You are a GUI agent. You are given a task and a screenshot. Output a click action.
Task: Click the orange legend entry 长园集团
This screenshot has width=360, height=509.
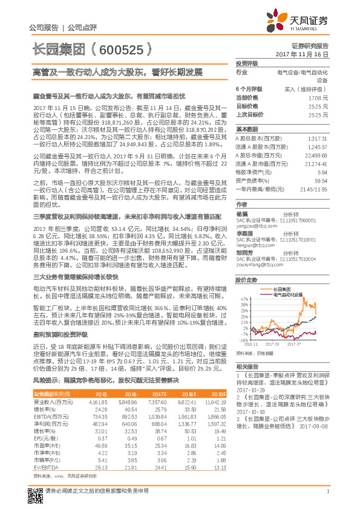pos(281,290)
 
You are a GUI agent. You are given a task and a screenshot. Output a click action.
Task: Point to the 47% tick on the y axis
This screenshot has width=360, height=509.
pos(244,299)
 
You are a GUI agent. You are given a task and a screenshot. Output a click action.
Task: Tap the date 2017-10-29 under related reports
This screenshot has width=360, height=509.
pos(250,391)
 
